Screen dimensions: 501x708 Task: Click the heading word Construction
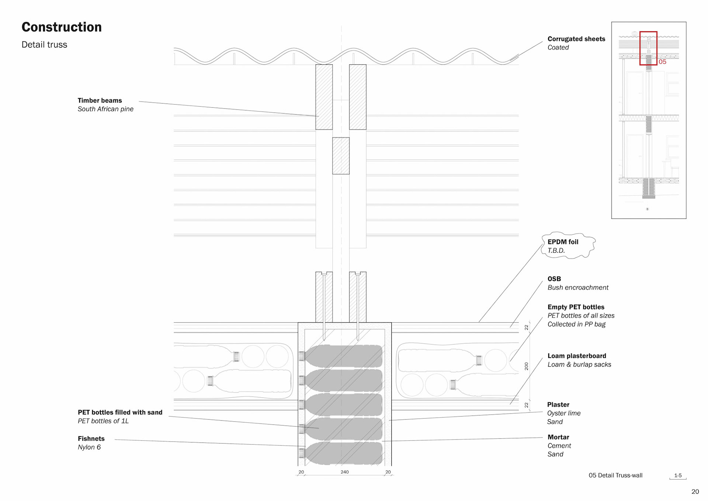point(62,27)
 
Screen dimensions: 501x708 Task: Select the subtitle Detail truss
point(44,45)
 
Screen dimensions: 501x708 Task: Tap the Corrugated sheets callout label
point(576,39)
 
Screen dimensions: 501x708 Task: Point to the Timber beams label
point(100,100)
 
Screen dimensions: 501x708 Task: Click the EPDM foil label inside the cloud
point(563,242)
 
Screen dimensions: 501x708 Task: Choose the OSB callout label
point(554,279)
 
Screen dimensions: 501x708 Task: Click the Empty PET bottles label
point(576,307)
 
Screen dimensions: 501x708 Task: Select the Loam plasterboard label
point(577,356)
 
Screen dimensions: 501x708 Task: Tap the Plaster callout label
point(558,404)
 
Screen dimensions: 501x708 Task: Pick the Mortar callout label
point(558,437)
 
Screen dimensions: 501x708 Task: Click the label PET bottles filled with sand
point(120,412)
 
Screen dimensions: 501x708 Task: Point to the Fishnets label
point(91,439)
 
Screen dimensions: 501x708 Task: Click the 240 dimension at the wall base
point(344,472)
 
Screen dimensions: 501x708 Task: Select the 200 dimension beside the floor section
point(526,366)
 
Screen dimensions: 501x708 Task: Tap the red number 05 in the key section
point(662,62)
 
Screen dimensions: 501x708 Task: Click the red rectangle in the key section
point(648,32)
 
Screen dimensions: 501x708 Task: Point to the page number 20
point(695,491)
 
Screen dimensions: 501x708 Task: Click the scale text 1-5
point(678,476)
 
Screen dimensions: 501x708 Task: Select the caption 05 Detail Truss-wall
point(615,475)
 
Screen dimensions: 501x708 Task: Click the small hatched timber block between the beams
point(341,156)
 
